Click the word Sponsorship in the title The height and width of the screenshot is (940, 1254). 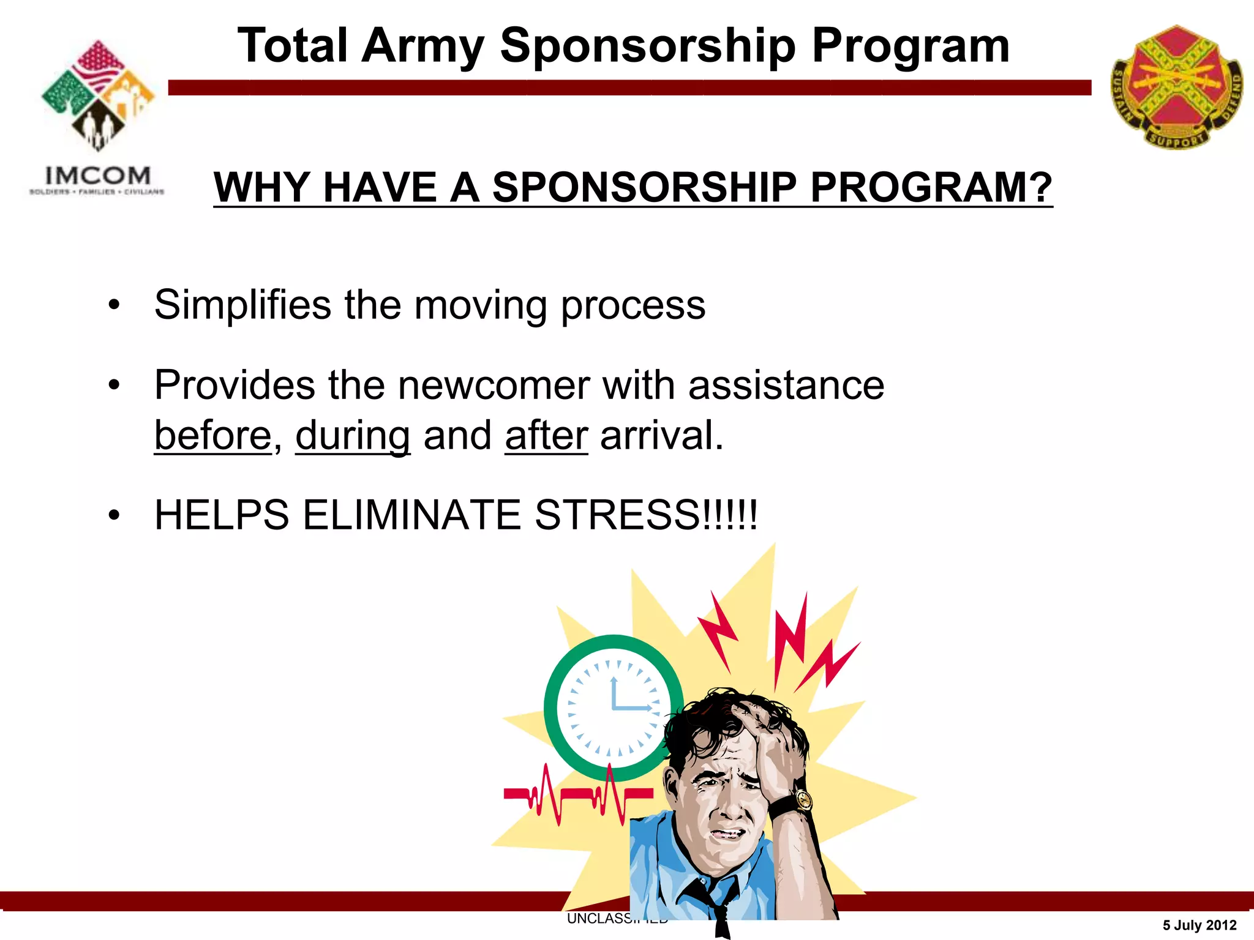648,47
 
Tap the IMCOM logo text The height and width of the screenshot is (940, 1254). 97,176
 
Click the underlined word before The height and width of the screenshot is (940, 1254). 212,436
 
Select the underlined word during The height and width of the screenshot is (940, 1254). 353,436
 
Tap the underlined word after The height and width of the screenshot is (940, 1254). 546,436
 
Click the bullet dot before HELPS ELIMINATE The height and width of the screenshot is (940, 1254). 114,516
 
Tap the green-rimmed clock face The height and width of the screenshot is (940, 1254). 612,708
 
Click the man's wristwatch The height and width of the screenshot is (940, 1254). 802,800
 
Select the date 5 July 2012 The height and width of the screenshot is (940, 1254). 1199,925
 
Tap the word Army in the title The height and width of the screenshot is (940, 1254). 422,47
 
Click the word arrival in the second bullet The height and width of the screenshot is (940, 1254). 661,436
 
